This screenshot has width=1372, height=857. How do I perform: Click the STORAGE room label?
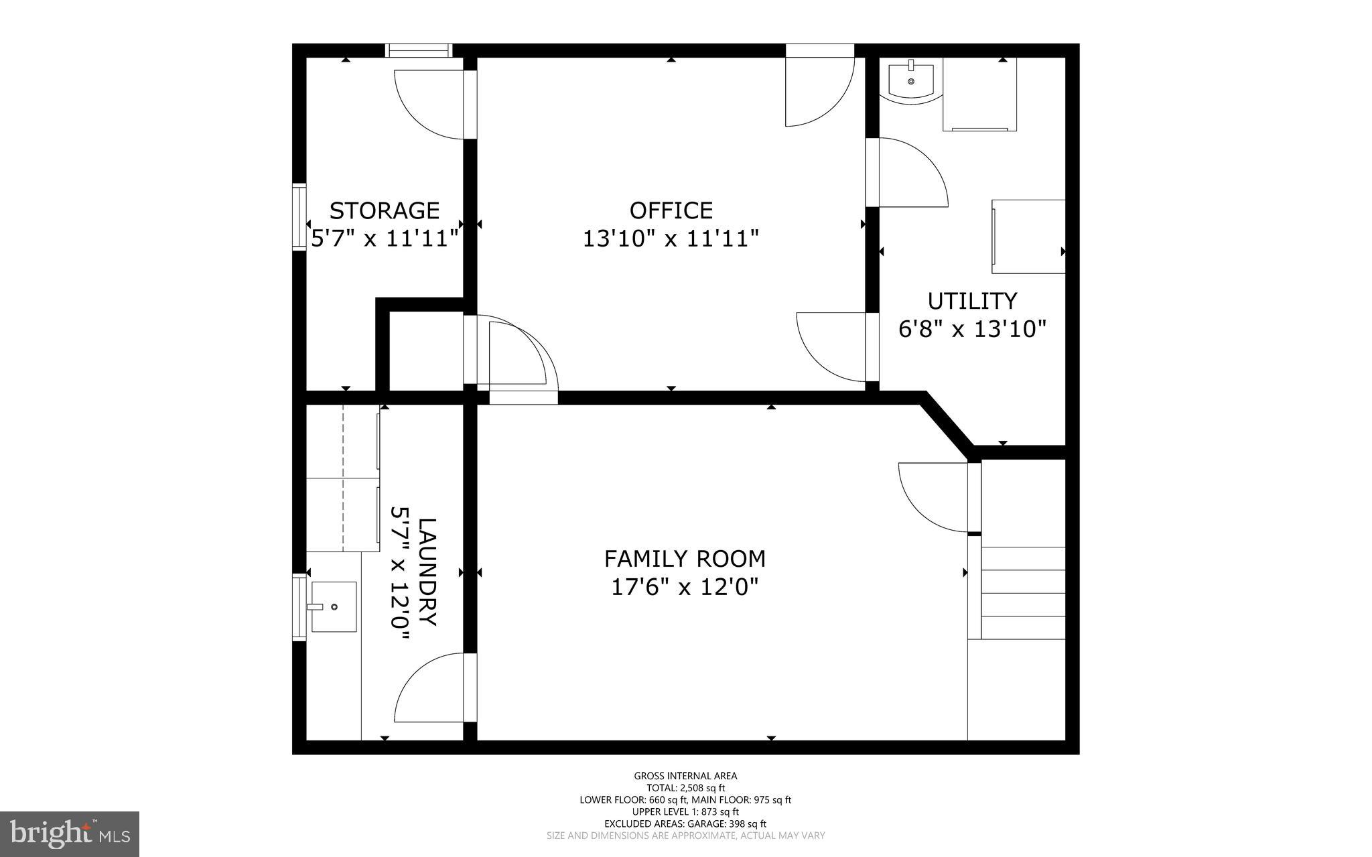(x=385, y=210)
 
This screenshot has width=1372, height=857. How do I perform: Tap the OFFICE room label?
(x=671, y=210)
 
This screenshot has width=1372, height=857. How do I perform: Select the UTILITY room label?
(x=972, y=300)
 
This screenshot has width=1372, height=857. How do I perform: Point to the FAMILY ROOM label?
(x=685, y=558)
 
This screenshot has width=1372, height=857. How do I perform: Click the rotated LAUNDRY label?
(x=427, y=572)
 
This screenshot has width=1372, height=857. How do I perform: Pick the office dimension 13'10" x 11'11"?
(x=671, y=239)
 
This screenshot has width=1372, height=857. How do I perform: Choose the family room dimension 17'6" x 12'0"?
(x=685, y=587)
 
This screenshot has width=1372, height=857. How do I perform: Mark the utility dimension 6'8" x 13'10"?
(x=972, y=329)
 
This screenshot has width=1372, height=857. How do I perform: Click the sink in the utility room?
(x=911, y=81)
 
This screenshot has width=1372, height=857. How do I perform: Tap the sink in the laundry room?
(x=333, y=606)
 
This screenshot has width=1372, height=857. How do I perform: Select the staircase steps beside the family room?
(x=1023, y=593)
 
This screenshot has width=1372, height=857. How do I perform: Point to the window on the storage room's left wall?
(x=299, y=216)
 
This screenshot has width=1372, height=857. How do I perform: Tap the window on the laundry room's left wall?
(x=299, y=608)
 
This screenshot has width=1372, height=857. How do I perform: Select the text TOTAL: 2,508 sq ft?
(x=685, y=788)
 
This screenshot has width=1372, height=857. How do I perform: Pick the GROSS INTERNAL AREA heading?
(x=685, y=776)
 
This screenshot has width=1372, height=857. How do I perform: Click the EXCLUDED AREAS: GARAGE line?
(x=685, y=824)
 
